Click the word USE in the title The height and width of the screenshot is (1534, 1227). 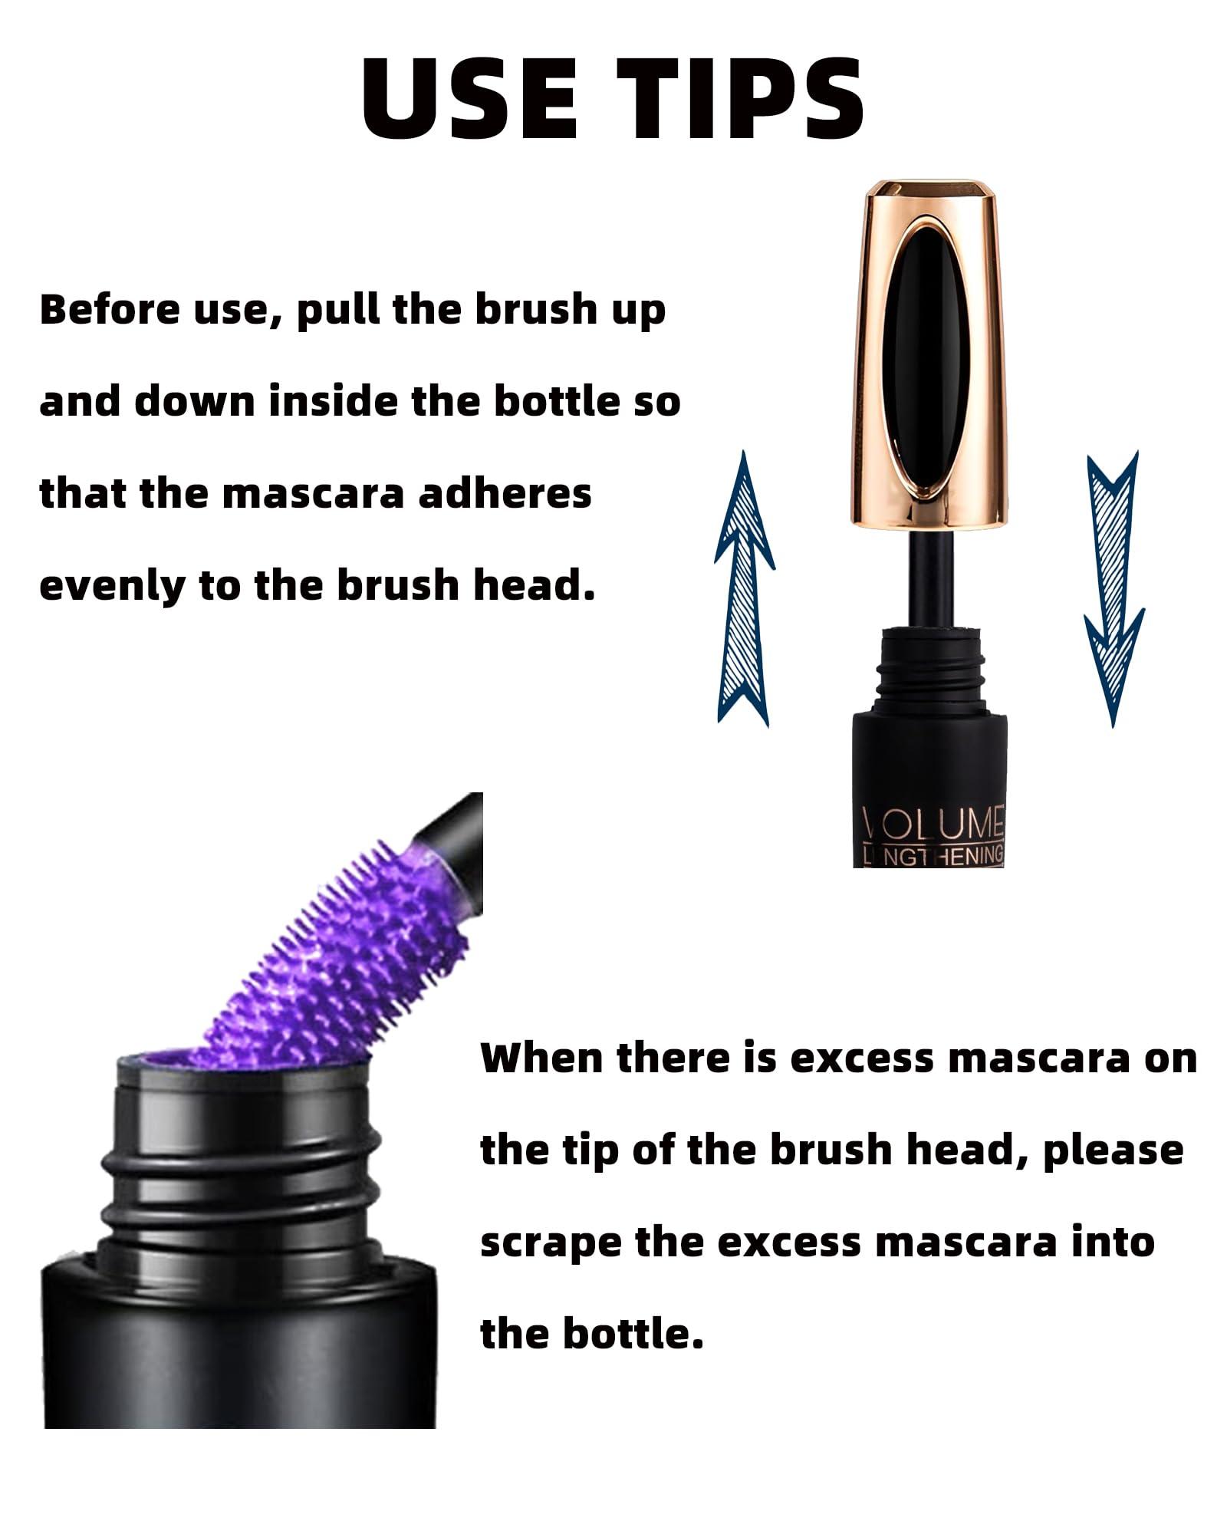tap(469, 97)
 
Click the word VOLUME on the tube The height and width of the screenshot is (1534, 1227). tap(933, 823)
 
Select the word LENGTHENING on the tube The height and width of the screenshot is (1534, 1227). tap(933, 855)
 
